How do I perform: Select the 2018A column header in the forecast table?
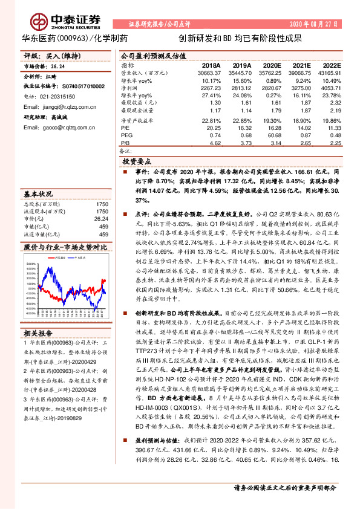[x=211, y=65]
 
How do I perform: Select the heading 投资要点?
[x=136, y=163]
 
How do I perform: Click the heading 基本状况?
[x=38, y=194]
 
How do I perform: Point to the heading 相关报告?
[x=38, y=333]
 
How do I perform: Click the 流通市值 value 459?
[x=103, y=234]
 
